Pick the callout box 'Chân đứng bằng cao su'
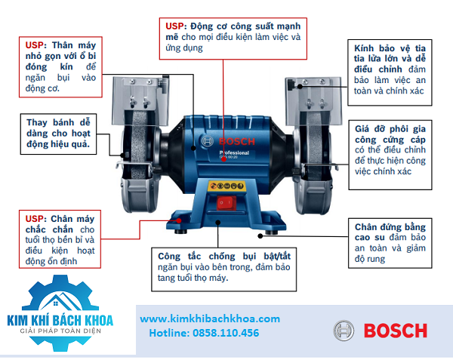click(x=390, y=242)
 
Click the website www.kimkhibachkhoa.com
click(x=210, y=319)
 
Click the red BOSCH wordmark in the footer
click(x=396, y=331)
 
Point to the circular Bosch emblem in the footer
click(x=344, y=331)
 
